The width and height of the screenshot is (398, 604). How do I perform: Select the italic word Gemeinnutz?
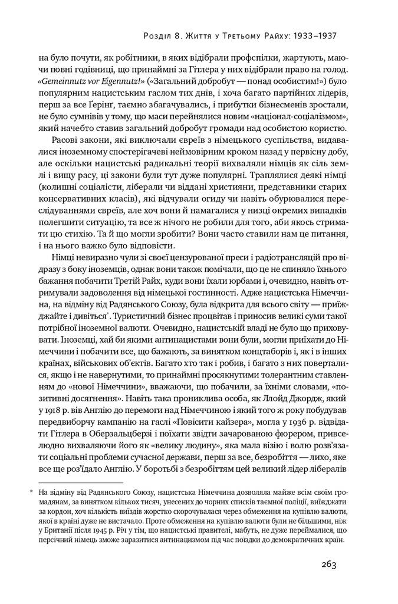coord(59,80)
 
